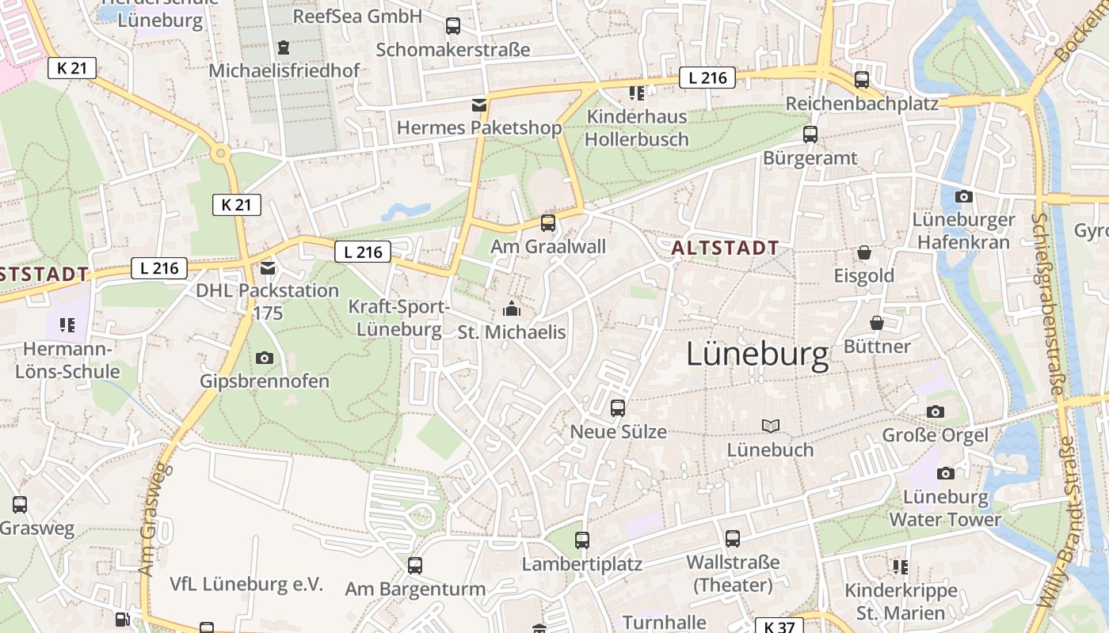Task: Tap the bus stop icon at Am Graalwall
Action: [547, 222]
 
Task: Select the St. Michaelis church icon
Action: [512, 308]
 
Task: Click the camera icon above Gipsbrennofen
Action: [265, 358]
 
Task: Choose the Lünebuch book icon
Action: [770, 426]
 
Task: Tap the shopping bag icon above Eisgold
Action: [863, 252]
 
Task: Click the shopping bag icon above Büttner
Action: [877, 323]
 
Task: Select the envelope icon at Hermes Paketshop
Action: [478, 104]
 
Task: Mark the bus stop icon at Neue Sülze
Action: [618, 408]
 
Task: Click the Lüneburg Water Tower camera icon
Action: [945, 473]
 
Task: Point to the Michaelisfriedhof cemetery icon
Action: [284, 47]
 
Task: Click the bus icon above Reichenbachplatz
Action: [861, 80]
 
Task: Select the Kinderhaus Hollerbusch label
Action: [637, 127]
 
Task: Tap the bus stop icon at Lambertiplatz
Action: [582, 540]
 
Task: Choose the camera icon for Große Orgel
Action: [936, 411]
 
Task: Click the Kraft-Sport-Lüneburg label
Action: [399, 317]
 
